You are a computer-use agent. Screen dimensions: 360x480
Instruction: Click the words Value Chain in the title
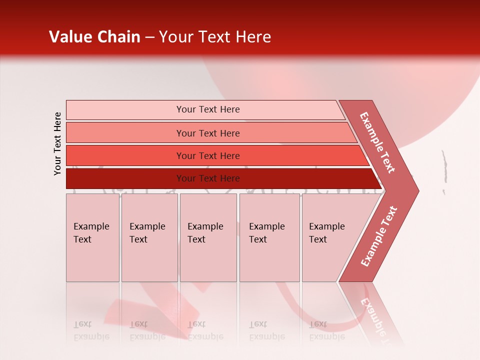tap(94, 37)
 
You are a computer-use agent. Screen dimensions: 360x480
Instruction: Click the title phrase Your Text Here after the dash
tap(215, 37)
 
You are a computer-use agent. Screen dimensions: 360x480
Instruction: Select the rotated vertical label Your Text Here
tap(57, 143)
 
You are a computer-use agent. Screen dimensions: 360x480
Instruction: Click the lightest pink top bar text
tap(208, 109)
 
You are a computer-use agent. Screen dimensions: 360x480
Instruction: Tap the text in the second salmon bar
tap(208, 133)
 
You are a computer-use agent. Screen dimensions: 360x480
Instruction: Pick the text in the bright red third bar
tap(208, 156)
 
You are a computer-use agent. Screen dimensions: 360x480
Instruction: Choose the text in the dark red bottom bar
tap(208, 178)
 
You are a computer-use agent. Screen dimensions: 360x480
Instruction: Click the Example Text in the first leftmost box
tap(91, 233)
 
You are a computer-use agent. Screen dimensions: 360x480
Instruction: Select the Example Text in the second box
tap(147, 233)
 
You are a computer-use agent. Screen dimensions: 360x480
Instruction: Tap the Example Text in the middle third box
tap(205, 233)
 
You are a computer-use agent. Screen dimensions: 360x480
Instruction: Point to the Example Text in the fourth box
tap(266, 233)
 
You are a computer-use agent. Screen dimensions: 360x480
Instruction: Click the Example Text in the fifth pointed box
tap(326, 233)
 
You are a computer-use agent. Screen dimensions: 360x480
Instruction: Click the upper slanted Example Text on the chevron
tap(377, 142)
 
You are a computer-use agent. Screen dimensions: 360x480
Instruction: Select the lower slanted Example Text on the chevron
tap(378, 236)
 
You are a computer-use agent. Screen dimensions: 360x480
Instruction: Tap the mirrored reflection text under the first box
tap(91, 330)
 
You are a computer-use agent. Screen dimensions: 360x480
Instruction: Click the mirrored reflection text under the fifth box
tap(326, 330)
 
